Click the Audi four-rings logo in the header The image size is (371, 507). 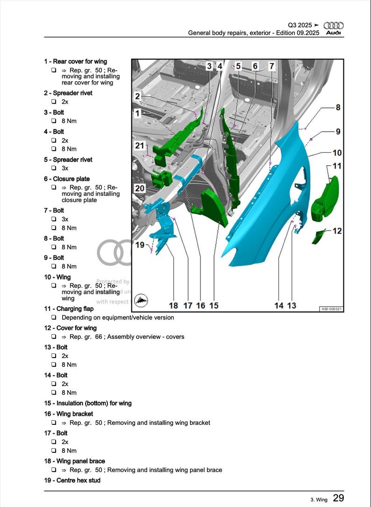333,26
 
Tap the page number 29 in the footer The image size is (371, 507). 339,498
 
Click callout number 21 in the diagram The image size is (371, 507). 140,146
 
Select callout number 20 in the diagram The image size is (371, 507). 140,189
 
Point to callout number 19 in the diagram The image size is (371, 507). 140,245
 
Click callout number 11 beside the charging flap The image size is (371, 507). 337,166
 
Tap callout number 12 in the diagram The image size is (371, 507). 337,231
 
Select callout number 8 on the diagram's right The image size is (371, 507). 338,107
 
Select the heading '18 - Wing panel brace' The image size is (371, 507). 74,461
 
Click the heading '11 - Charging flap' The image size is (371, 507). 69,309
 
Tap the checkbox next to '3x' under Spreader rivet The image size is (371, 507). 54,168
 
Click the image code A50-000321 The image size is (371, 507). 331,309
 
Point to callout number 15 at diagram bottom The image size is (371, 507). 214,305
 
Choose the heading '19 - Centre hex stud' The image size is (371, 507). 72,480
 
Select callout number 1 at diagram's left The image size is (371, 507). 137,113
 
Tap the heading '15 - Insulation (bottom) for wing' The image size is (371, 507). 88,403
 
